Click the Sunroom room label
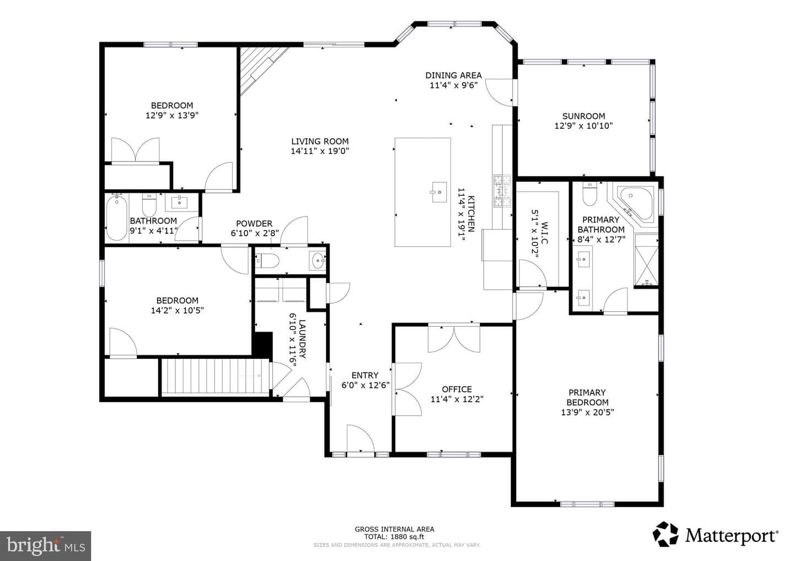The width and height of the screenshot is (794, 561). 583,116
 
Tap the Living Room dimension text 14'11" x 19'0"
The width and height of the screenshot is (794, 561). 320,151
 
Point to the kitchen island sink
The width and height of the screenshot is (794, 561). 439,192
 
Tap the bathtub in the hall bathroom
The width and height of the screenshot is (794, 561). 117,218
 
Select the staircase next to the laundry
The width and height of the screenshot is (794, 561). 215,376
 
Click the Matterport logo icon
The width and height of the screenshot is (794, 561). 666,534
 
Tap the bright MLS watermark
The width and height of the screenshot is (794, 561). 46,546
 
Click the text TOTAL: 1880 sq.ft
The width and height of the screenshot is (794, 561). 394,537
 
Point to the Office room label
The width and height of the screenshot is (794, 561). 457,389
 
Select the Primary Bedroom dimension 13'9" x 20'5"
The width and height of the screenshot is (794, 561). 587,412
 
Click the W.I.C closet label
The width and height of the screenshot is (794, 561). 545,234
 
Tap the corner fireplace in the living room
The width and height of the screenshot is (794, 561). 260,69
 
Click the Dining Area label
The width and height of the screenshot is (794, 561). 453,75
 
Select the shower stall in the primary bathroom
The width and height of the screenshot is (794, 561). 646,260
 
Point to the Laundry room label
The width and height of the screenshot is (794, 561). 302,338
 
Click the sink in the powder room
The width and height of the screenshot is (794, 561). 318,261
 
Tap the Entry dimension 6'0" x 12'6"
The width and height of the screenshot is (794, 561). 366,385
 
